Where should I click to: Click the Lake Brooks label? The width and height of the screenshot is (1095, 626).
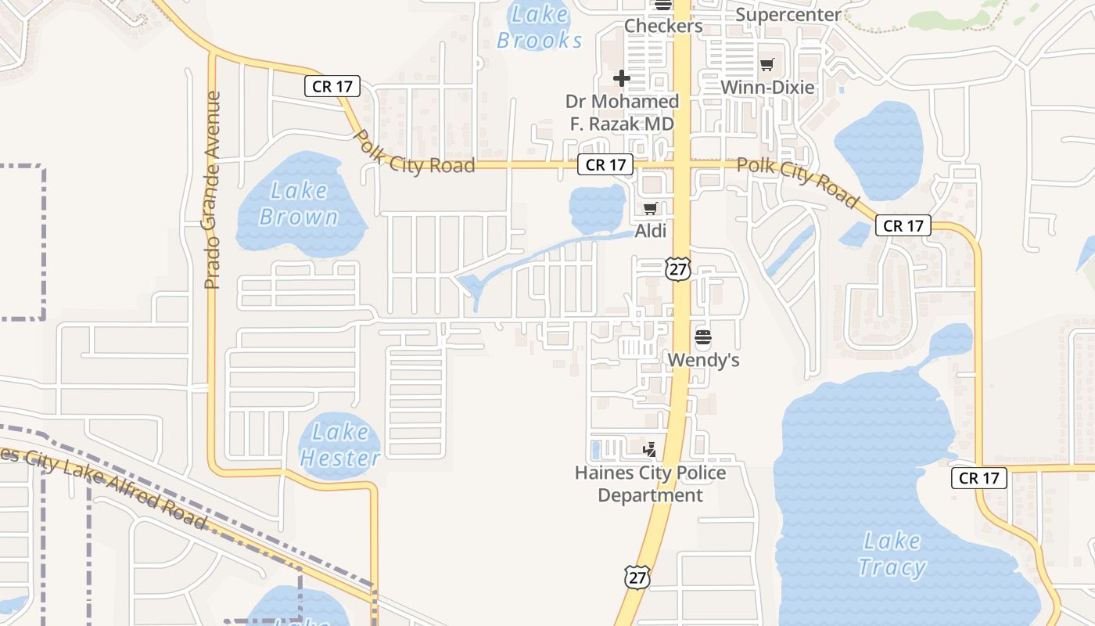point(540,27)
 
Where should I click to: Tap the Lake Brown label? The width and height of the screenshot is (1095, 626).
point(299,203)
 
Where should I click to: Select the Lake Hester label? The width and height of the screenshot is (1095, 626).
point(340,444)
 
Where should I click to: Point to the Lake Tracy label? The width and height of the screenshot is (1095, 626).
point(892,554)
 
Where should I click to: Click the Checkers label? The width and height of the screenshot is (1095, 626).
point(663,26)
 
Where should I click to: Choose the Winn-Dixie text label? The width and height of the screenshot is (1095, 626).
point(767,87)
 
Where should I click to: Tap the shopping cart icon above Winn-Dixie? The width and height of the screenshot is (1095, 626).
point(767,65)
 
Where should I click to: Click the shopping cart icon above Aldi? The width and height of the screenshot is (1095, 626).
point(650,208)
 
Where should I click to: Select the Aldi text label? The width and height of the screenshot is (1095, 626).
point(651,231)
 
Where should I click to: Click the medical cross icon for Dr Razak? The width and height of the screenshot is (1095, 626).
point(622,78)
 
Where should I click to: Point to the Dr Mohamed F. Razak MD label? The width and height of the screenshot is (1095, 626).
point(622,113)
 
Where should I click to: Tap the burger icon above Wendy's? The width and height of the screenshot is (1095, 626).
point(703,338)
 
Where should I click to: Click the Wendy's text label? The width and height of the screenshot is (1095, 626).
point(703,360)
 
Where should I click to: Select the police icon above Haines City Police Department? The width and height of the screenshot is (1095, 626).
point(649,449)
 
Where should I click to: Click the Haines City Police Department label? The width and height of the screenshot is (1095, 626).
point(650,484)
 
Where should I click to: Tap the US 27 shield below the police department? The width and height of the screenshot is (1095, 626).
point(637,577)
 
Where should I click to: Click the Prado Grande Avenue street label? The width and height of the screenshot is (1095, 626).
point(213,190)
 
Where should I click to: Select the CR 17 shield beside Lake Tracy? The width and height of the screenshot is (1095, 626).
point(978,477)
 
